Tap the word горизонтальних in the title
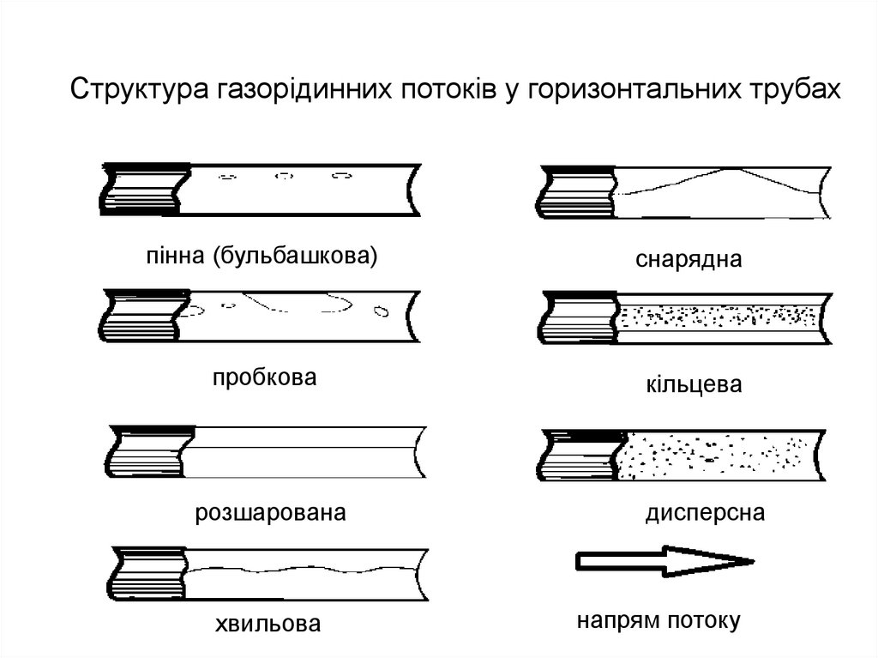[630, 90]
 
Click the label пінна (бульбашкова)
[262, 256]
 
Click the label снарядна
[689, 258]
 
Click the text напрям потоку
[658, 620]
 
